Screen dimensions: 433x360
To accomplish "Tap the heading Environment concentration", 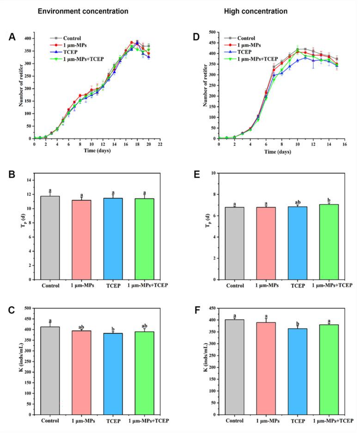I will (74, 11).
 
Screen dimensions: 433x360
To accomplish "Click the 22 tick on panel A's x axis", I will (160, 144).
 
